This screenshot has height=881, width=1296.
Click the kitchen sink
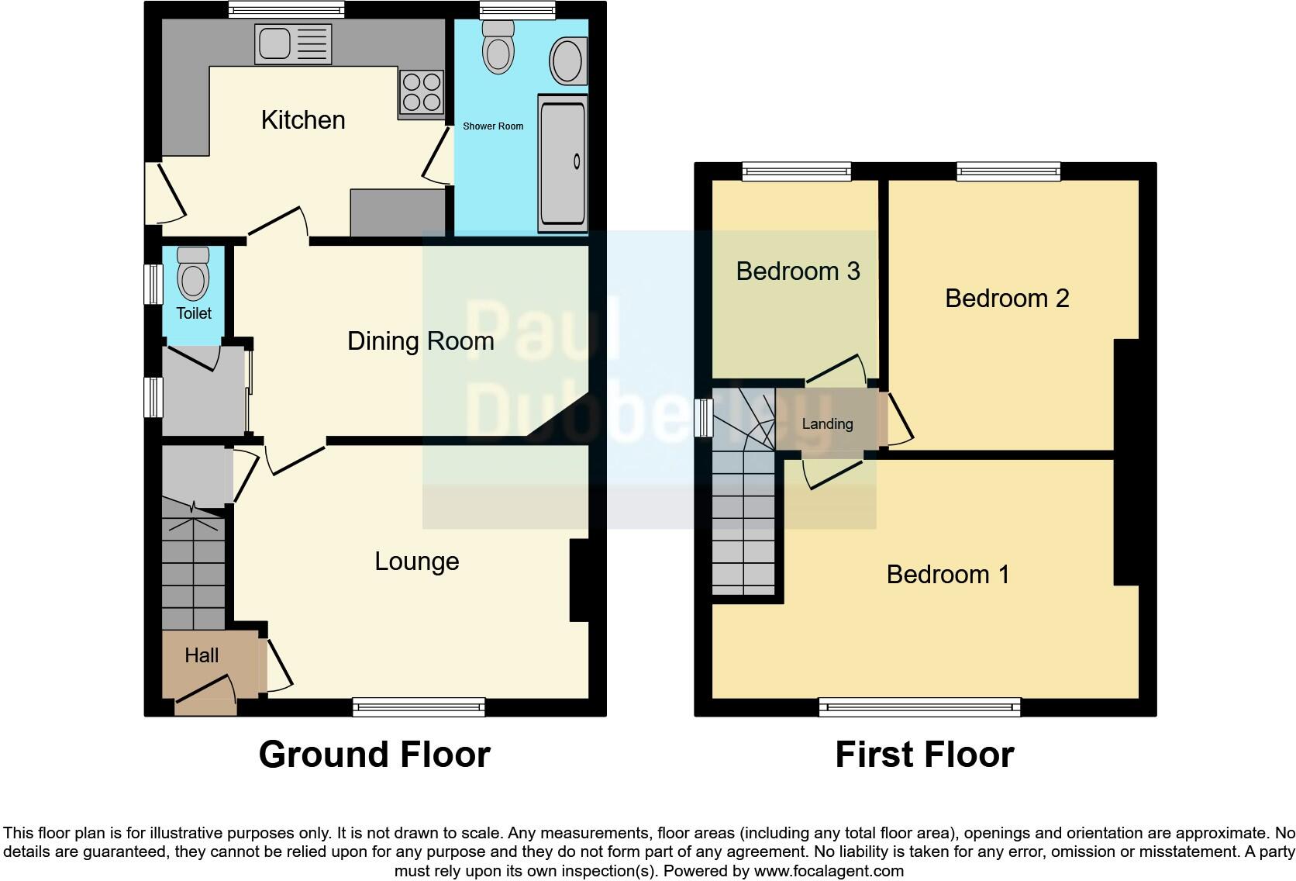point(292,43)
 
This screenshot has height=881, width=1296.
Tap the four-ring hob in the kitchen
point(421,92)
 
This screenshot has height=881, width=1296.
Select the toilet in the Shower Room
point(498,47)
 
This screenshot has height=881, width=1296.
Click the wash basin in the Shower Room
point(568,60)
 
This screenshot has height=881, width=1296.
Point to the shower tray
point(562,163)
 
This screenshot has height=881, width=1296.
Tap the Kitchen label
point(303,120)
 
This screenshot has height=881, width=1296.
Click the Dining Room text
point(420,341)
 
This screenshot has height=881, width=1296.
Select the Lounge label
point(416,561)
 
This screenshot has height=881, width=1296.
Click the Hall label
point(202,655)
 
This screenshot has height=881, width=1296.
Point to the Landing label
point(827,424)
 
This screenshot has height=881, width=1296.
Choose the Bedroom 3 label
point(798,271)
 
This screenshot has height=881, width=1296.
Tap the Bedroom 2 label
point(1006,299)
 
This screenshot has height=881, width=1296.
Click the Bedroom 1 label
point(947,575)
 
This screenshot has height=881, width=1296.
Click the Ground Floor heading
point(374,755)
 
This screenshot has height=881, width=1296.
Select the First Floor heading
point(924,755)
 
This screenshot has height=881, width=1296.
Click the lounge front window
point(419,707)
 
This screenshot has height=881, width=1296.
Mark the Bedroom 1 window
point(919,707)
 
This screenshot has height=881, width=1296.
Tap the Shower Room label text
point(493,126)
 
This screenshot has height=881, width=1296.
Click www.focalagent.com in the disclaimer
point(829,871)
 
